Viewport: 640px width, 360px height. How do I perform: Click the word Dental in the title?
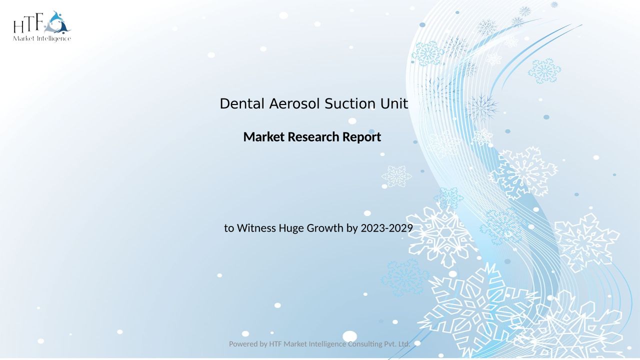pos(242,103)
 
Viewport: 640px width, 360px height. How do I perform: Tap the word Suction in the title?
pos(349,103)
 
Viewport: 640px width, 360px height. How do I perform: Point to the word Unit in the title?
pos(394,103)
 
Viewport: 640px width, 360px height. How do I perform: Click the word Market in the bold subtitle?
pos(264,137)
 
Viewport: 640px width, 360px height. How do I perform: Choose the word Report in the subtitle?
pos(361,137)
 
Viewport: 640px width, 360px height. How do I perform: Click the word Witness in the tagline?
pos(256,228)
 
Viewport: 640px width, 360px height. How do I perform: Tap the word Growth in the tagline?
pos(325,228)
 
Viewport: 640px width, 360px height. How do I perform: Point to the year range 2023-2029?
pos(387,228)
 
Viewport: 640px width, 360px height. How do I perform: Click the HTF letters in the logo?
pos(28,23)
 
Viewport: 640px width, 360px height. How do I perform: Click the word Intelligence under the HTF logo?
pos(53,39)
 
